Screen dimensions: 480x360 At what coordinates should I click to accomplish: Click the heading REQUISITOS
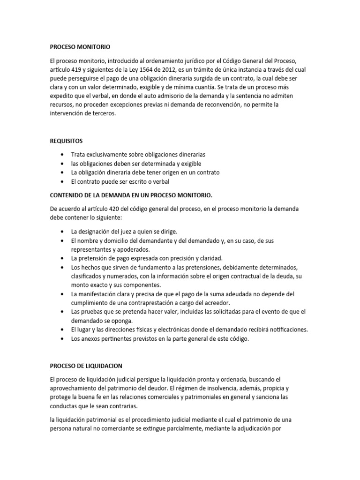[67, 140]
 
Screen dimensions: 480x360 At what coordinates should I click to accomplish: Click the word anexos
[92, 338]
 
